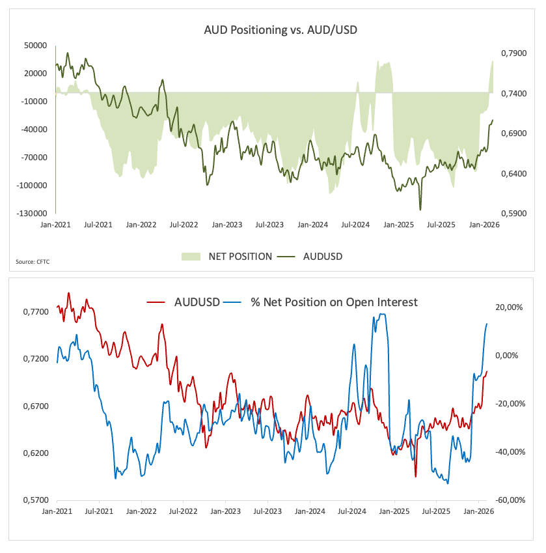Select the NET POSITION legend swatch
tap(191, 257)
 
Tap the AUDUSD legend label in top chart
tap(322, 257)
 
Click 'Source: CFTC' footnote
tap(32, 262)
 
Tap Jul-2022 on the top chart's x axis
tap(184, 225)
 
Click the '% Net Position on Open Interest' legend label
tap(334, 302)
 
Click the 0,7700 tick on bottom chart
tap(35, 312)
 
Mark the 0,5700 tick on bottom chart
tap(35, 500)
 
